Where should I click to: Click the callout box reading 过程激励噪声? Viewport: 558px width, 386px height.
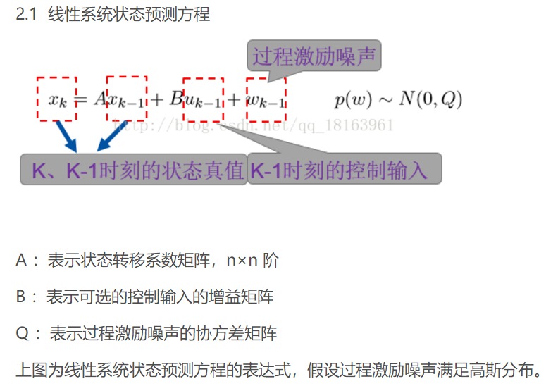point(314,56)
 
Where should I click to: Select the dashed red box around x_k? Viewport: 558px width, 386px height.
point(57,99)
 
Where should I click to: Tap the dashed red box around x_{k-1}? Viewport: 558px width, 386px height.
point(127,99)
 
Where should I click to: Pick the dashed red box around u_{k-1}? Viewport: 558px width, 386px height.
point(202,99)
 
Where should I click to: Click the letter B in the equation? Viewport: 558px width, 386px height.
point(175,99)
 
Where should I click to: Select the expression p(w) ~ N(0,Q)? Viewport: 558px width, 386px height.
point(398,99)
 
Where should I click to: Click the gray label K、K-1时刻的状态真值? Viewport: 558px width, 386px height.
point(133,170)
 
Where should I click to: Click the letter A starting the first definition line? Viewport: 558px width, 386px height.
point(21,261)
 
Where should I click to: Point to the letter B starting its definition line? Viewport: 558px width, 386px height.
point(20,297)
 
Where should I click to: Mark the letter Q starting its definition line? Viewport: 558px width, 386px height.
point(21,333)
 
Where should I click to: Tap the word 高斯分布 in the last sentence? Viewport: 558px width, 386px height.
point(504,368)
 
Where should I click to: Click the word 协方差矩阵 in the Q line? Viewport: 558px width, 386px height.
point(235,333)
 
